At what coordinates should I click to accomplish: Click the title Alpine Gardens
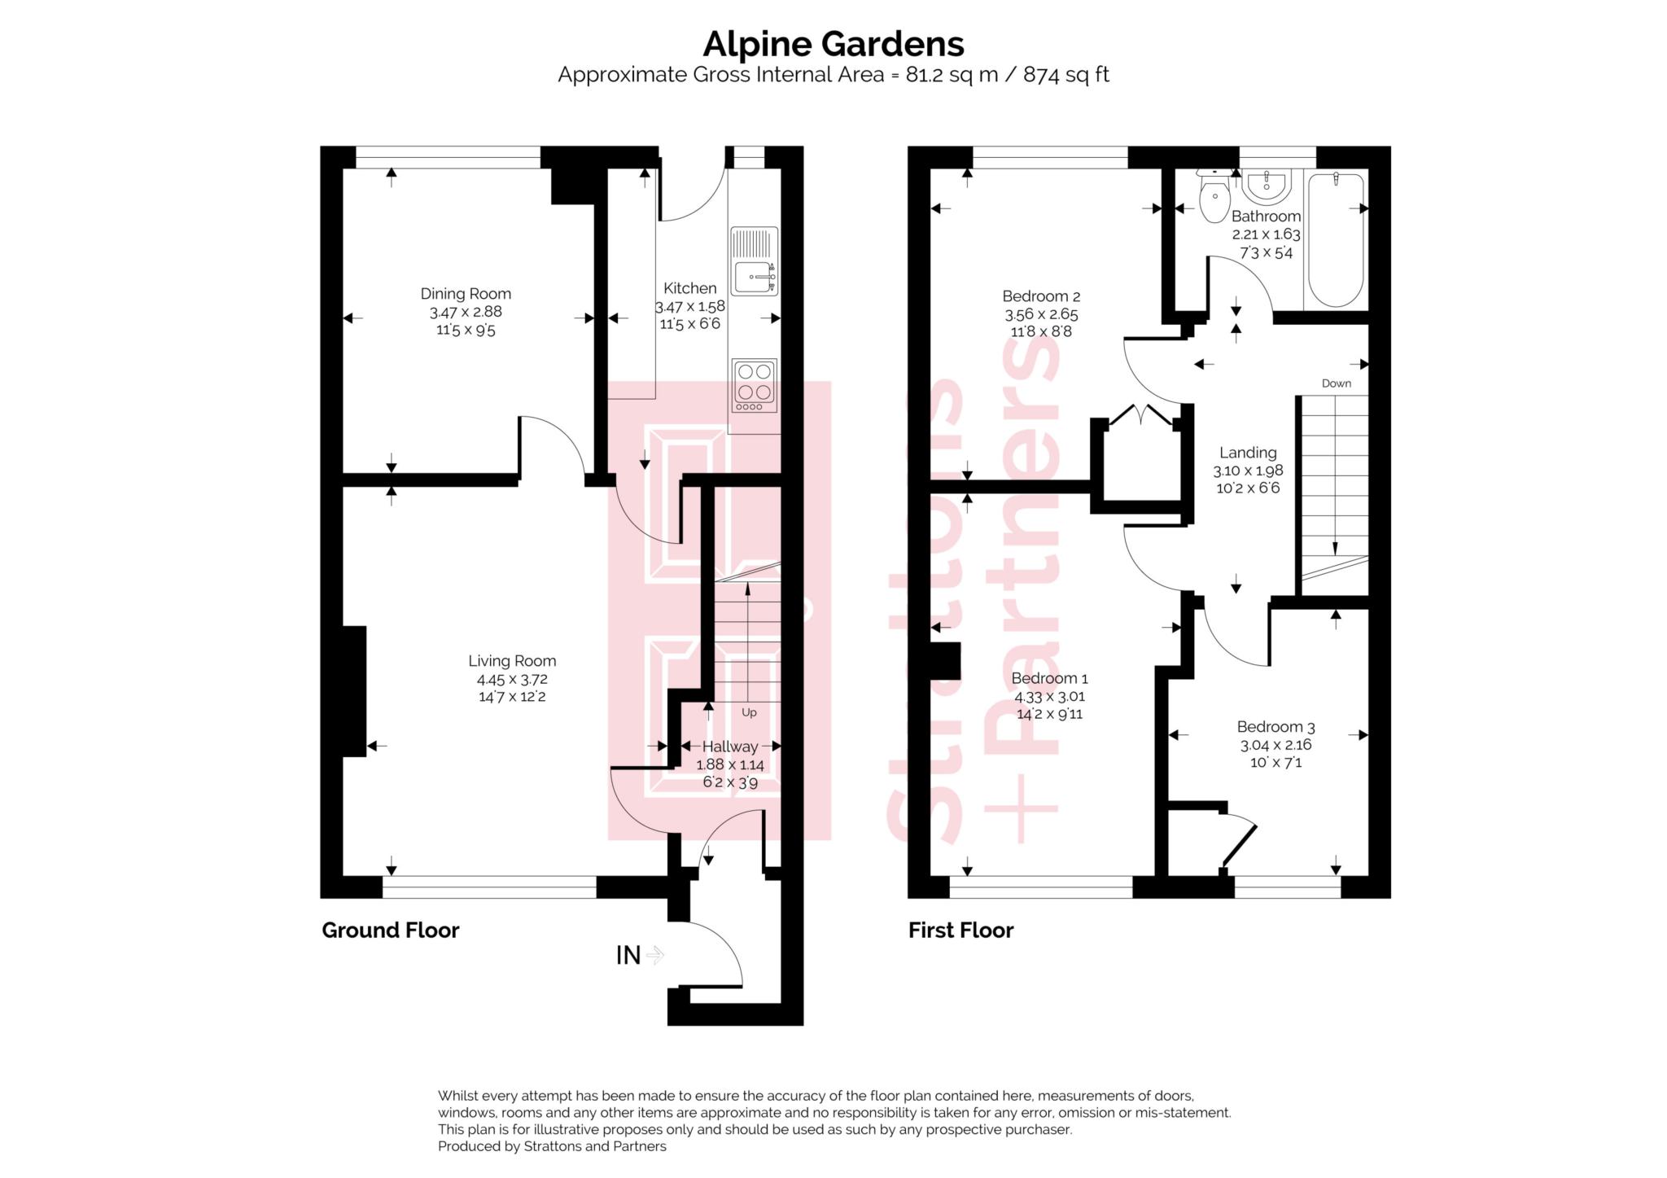(x=833, y=43)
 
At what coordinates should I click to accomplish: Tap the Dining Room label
(x=466, y=294)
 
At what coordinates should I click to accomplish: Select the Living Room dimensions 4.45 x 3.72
(x=511, y=679)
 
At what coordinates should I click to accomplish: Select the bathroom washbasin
(x=1267, y=186)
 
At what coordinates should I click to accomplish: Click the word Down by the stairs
(x=1336, y=383)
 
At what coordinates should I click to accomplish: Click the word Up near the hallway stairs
(x=749, y=712)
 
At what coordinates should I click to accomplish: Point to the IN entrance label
(x=628, y=955)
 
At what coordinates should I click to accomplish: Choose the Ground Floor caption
(x=391, y=930)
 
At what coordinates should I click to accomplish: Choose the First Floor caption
(x=960, y=930)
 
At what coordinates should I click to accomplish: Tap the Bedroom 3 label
(x=1275, y=727)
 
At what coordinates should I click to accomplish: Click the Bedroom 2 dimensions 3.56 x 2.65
(x=1041, y=314)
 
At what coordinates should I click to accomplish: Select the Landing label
(x=1248, y=453)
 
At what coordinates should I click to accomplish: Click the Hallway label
(x=730, y=747)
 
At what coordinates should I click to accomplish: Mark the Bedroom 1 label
(x=1049, y=678)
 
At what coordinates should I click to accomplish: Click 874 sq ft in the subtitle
(x=1065, y=75)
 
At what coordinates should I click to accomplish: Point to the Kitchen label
(x=689, y=288)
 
